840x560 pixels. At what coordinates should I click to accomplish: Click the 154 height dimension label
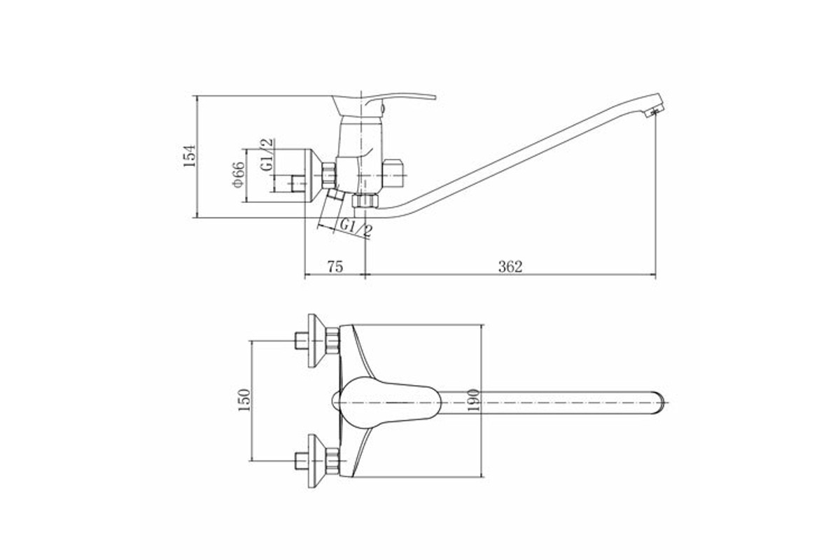(190, 155)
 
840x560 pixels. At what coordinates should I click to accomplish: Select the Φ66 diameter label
(239, 174)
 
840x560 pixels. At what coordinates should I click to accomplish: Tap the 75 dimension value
(335, 267)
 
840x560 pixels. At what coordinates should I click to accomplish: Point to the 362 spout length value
(510, 267)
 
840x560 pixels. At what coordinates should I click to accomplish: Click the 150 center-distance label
(244, 400)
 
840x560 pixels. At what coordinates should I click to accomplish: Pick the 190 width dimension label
(474, 400)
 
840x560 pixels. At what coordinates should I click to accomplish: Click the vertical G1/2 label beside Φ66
(267, 155)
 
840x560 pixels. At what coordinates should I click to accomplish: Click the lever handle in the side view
(386, 101)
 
